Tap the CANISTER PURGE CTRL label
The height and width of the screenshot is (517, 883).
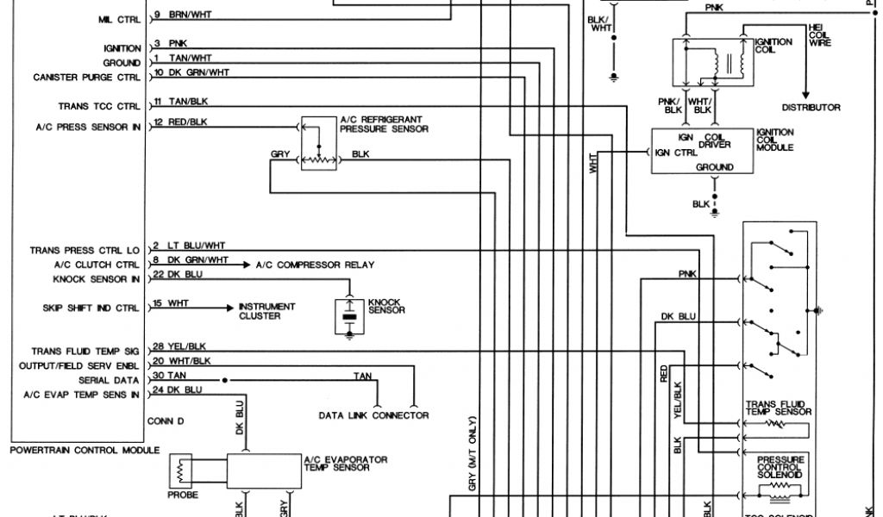pyautogui.click(x=85, y=78)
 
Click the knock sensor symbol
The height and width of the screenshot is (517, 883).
pyautogui.click(x=349, y=315)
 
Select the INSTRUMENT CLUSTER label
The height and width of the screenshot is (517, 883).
pyautogui.click(x=266, y=311)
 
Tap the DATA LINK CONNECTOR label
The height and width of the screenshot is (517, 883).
pyautogui.click(x=373, y=415)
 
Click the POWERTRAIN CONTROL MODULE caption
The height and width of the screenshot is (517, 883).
pyautogui.click(x=85, y=450)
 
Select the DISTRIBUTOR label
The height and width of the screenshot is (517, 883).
pyautogui.click(x=811, y=108)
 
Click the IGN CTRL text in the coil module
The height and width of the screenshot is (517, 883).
pyautogui.click(x=675, y=153)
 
